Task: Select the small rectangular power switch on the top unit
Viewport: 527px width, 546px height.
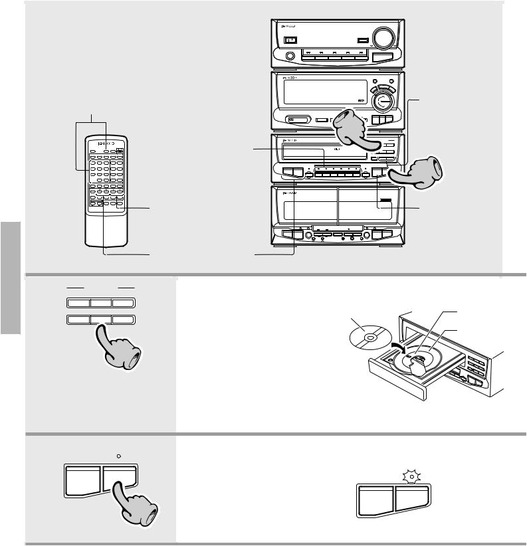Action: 290,40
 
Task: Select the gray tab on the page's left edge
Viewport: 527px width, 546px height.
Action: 11,279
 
